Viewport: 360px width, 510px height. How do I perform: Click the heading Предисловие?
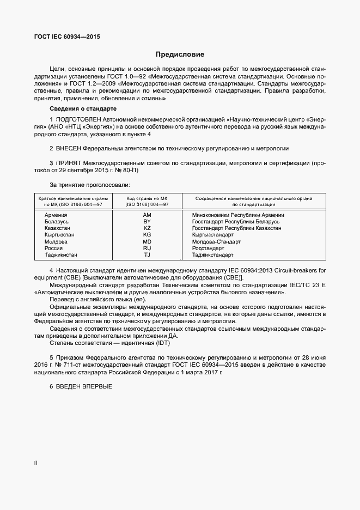180,54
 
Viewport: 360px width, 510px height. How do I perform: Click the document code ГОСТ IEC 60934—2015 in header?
66,37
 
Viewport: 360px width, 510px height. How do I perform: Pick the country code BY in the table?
147,222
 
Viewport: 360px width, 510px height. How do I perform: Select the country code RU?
147,248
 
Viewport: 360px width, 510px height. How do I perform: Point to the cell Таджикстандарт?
213,254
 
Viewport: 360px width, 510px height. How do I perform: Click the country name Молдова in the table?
56,241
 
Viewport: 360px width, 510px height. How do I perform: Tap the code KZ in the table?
147,229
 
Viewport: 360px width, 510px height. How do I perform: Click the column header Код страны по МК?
147,199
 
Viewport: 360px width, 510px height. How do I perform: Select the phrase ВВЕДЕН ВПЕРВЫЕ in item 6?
83,386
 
